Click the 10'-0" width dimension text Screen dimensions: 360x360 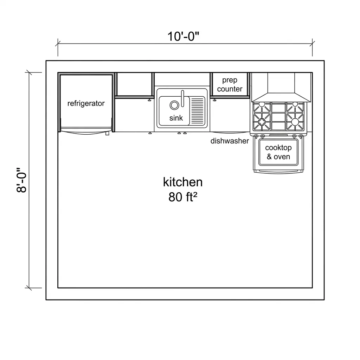183,36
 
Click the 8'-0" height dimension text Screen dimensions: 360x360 21,180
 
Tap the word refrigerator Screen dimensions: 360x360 86,103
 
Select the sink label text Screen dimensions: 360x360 176,118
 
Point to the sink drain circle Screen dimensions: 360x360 174,105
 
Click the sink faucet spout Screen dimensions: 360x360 182,98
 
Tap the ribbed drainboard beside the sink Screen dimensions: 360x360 197,111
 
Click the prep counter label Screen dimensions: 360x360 230,84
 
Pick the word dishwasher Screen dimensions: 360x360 230,141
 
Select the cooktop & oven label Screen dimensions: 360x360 278,152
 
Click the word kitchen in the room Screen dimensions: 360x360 183,182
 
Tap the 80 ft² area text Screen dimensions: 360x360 183,197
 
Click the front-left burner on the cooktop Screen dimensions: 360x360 262,122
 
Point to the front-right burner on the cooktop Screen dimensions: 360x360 295,122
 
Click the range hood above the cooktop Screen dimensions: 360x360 281,87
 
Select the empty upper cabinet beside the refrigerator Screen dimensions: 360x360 134,84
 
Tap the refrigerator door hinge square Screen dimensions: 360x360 107,133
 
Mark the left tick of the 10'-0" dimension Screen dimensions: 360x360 58,43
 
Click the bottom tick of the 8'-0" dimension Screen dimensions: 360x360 29,288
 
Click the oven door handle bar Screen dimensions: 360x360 278,171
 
